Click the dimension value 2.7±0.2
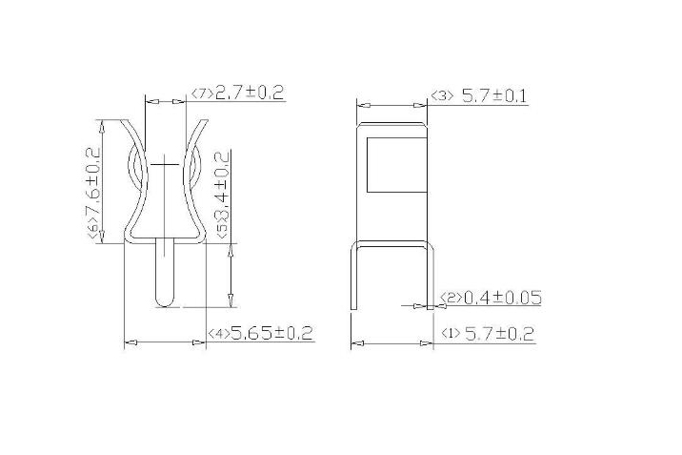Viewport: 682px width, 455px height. click(x=250, y=93)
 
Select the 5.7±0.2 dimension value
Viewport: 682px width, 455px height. click(x=499, y=333)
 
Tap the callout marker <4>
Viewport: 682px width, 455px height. click(x=218, y=334)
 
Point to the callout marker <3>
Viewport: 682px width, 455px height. click(x=442, y=95)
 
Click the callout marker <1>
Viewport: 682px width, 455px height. click(x=451, y=334)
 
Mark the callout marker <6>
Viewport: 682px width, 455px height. click(x=93, y=231)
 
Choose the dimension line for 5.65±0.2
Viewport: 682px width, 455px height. click(x=166, y=341)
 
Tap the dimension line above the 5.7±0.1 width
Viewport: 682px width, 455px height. click(x=391, y=105)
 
